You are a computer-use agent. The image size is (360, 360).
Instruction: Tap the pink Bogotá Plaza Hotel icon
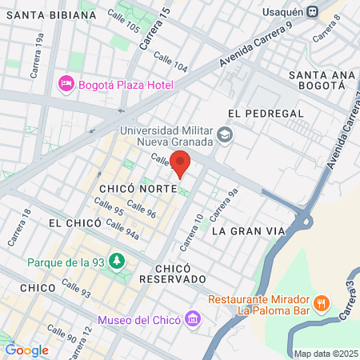point(66,83)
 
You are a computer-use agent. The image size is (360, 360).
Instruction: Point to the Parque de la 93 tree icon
point(118,261)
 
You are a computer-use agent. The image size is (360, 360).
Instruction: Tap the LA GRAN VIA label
point(249,231)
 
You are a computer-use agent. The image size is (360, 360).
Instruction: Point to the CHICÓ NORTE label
point(132,189)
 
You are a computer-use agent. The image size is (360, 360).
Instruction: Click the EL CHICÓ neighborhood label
point(77,222)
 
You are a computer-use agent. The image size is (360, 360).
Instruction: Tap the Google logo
point(26,350)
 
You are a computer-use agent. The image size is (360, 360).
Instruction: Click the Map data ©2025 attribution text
point(324,354)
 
